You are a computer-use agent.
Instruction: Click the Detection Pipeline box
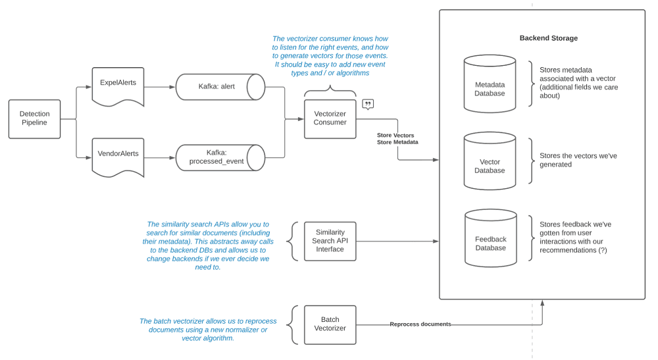(34, 118)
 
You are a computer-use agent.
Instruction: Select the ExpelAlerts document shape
(118, 86)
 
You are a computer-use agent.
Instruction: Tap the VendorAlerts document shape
(118, 156)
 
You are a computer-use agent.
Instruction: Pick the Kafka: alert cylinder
(220, 87)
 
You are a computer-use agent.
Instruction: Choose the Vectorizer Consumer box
(330, 118)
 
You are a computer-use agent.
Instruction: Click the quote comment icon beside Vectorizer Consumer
(368, 105)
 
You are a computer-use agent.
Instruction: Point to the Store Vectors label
(395, 135)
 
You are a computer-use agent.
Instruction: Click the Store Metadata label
(397, 142)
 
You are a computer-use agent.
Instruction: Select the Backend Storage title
(548, 38)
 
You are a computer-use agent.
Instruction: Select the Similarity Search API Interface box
(330, 241)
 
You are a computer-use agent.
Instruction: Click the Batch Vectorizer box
(330, 324)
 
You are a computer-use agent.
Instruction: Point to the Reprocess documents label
(420, 324)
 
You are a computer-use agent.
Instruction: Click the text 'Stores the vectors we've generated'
(578, 161)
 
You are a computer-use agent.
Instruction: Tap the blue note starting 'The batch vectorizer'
(208, 329)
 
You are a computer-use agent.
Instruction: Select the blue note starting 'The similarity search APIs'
(208, 245)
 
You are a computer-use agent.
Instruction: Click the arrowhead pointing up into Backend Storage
(542, 303)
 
